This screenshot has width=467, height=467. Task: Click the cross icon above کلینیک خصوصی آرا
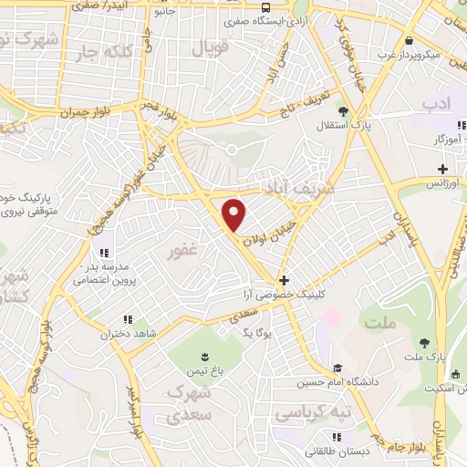tap(285, 281)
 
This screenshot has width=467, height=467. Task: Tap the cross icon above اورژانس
tap(442, 169)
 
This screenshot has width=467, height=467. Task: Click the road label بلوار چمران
tap(85, 113)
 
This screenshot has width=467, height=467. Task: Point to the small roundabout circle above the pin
tap(232, 149)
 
